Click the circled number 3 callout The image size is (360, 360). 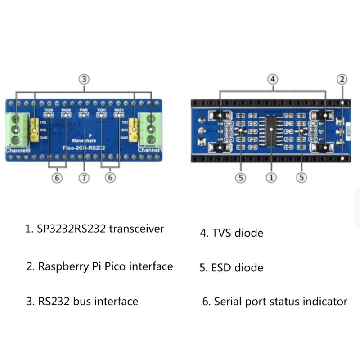(84, 79)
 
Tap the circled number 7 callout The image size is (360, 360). (84, 178)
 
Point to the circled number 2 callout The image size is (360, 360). (342, 79)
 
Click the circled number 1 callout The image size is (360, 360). (271, 178)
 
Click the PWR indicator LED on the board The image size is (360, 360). (84, 115)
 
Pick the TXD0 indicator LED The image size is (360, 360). (49, 115)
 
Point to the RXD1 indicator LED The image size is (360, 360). (119, 115)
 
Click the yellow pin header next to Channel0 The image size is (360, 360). (34, 128)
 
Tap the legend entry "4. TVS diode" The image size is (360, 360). (231, 233)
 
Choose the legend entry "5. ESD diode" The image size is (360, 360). (231, 268)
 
